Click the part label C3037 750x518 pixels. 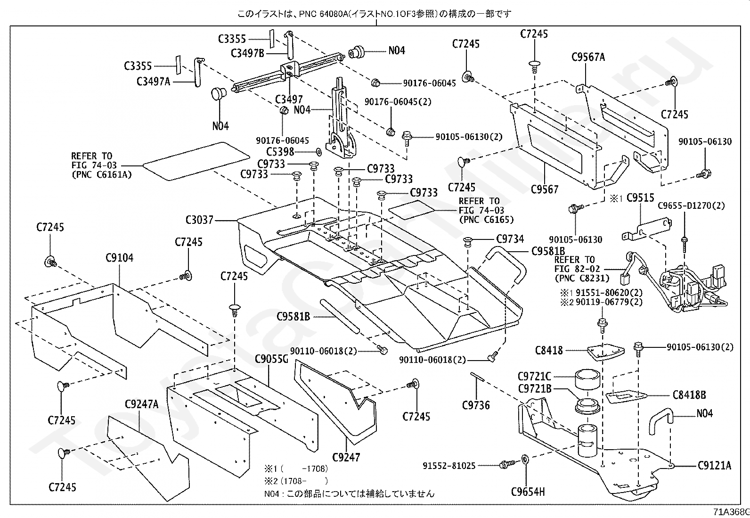coord(200,220)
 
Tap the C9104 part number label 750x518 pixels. coord(120,258)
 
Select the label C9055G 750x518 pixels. coord(271,359)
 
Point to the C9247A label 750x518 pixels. coord(142,404)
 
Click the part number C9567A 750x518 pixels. coord(588,58)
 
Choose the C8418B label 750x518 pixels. coord(689,395)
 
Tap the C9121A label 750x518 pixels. coord(715,465)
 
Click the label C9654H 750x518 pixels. coord(528,492)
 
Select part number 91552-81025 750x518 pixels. coord(449,466)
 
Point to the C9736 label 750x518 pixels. coord(476,405)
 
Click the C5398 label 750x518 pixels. coord(280,152)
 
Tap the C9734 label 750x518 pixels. coord(510,239)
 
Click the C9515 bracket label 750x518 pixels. coord(640,197)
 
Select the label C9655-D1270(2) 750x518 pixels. coord(692,206)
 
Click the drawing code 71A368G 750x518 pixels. coord(731,512)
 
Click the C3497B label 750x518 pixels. coord(247,53)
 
